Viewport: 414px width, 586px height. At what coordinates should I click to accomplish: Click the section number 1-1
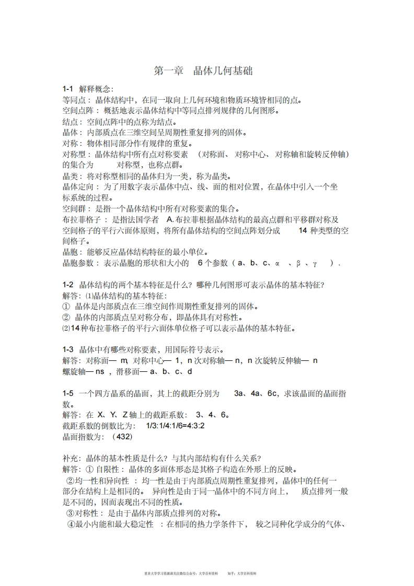[68, 89]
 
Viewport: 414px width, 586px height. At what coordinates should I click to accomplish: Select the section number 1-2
[68, 285]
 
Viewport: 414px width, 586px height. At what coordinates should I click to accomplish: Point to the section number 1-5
[68, 393]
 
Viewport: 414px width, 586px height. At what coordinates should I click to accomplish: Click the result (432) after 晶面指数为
[122, 437]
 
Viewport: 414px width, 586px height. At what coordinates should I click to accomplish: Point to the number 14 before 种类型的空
[303, 230]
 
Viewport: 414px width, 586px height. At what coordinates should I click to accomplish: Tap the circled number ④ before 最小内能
[71, 524]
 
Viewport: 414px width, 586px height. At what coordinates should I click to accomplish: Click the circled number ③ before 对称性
[71, 513]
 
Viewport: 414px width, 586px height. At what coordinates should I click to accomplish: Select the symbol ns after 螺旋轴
[99, 371]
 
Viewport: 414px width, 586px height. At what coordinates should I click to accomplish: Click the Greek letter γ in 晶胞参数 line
[315, 263]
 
